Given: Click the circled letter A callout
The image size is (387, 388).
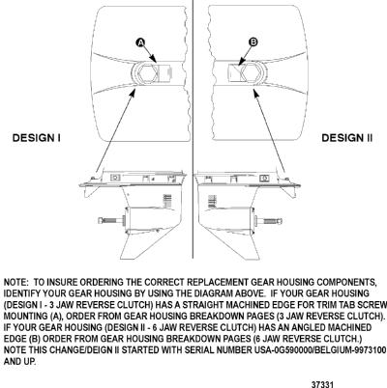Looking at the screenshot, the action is click(x=140, y=42).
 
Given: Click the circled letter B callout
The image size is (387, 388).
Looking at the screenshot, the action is click(x=253, y=42).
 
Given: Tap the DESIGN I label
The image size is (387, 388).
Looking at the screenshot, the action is click(x=36, y=138).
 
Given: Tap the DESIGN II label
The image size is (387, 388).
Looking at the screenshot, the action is click(x=347, y=138).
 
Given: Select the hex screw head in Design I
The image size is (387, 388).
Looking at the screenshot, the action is click(x=148, y=72).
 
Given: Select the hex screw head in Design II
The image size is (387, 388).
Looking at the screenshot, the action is click(x=250, y=72).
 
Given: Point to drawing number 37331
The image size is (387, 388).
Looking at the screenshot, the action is click(x=322, y=384).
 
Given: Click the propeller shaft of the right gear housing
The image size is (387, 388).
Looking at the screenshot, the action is click(x=269, y=221).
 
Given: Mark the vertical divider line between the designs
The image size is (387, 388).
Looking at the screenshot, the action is click(x=193, y=128).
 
